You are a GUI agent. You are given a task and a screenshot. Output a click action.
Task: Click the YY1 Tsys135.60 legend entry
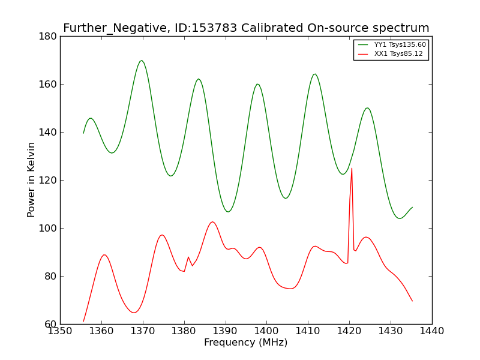coord(392,44)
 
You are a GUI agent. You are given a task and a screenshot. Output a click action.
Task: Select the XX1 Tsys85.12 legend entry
coord(391,54)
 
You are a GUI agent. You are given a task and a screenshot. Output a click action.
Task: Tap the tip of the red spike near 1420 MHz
coord(352,168)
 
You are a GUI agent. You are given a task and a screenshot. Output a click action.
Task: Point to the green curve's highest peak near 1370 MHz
coord(142,61)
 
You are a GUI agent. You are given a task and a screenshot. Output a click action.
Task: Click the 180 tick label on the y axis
coord(48,37)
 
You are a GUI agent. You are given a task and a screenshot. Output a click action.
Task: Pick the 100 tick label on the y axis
coord(48,229)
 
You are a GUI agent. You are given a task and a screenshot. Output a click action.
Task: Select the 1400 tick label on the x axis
coord(266,331)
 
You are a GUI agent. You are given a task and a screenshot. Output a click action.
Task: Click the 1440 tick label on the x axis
coord(432,331)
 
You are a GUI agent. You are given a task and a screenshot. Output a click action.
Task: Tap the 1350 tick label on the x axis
coord(60,331)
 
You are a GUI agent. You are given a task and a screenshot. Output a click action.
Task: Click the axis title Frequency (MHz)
coord(246,342)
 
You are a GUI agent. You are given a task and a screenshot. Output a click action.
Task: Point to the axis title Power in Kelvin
coord(31,180)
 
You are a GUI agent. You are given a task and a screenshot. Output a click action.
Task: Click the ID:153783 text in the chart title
coord(206,28)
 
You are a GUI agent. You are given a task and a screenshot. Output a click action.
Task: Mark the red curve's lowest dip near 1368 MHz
coord(134,313)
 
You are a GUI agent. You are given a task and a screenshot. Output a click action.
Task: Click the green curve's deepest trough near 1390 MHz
coord(228,212)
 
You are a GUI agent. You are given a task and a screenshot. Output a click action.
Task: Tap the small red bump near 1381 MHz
coord(188,257)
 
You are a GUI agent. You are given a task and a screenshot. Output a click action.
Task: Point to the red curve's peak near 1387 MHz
coord(212,221)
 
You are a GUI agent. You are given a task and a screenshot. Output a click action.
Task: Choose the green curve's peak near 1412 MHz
coord(314,74)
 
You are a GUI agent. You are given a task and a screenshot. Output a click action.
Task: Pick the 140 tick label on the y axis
coord(48,132)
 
